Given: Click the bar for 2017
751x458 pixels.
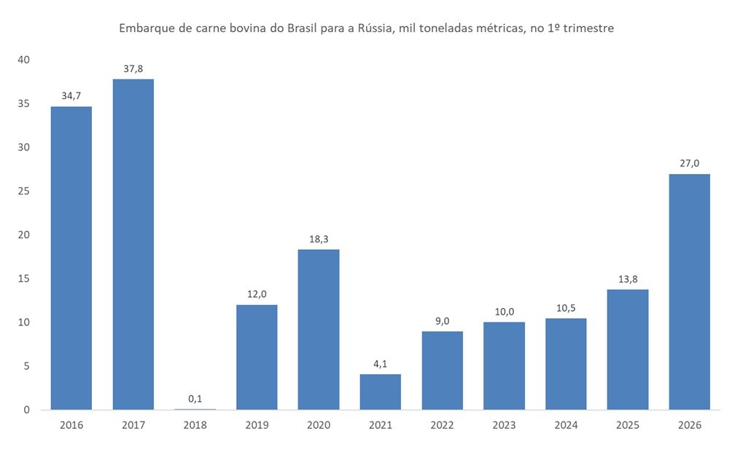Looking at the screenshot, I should coord(133,244).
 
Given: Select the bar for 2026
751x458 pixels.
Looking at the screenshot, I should coord(689,291).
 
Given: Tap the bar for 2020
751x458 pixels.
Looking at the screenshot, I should coord(319,329).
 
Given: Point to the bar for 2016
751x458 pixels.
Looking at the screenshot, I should coord(71,258).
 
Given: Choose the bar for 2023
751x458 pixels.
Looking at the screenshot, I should coord(504,366).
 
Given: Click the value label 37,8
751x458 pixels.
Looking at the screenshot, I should coord(133,69).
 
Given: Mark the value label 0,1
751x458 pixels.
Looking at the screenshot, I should coord(195,398).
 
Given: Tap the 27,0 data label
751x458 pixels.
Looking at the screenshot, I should coord(689,164).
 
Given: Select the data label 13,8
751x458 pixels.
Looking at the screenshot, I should coord(627,280).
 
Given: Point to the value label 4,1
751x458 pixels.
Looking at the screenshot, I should coord(380,363).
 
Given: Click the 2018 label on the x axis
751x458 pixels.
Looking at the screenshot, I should coord(195,425).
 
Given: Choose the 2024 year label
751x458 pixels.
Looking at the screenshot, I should coord(566,425).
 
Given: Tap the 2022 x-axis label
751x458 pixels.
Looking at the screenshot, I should coord(442,425).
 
